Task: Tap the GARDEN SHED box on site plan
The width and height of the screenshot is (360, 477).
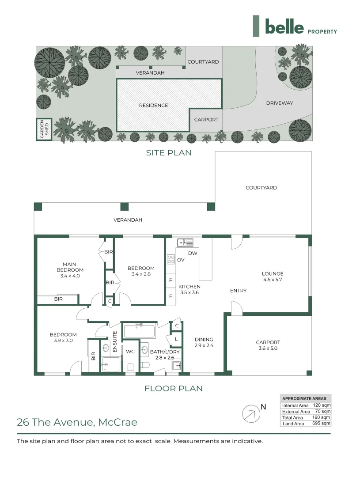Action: tap(44, 129)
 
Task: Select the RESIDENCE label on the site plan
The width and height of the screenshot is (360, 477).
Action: tap(153, 105)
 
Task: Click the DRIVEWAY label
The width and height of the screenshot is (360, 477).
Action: tap(280, 103)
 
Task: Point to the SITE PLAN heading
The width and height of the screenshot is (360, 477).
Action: tap(169, 153)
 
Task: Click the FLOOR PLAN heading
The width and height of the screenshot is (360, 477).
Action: tap(174, 389)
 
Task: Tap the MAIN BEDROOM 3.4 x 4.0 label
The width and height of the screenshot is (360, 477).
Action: tap(70, 270)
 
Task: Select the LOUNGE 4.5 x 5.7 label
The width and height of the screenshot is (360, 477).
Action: tap(272, 276)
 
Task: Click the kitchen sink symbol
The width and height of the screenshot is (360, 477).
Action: tap(185, 242)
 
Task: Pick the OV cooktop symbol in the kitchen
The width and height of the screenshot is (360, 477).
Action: tap(171, 260)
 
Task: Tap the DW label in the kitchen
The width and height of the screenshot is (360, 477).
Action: tap(193, 254)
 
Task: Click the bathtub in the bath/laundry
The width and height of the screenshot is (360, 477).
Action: tap(139, 331)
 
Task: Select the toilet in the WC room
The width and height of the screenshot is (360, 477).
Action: tap(131, 367)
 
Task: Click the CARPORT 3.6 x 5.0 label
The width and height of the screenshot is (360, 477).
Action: tap(268, 345)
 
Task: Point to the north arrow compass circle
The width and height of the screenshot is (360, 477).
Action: tap(250, 414)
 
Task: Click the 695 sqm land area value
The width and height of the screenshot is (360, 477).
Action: tap(321, 424)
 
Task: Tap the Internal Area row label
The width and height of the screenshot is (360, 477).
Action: tap(295, 405)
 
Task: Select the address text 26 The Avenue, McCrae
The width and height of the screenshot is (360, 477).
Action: tap(77, 422)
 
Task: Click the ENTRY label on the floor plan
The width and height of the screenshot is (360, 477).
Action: tap(238, 291)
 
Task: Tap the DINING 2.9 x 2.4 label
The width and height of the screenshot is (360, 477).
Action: tap(204, 342)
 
